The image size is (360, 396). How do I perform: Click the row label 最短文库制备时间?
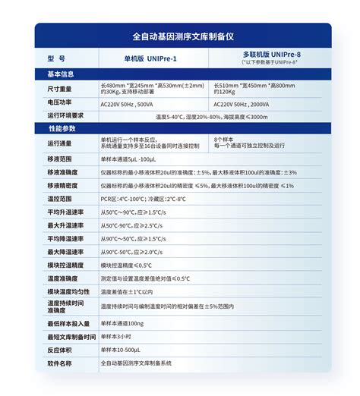[x=71, y=336]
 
